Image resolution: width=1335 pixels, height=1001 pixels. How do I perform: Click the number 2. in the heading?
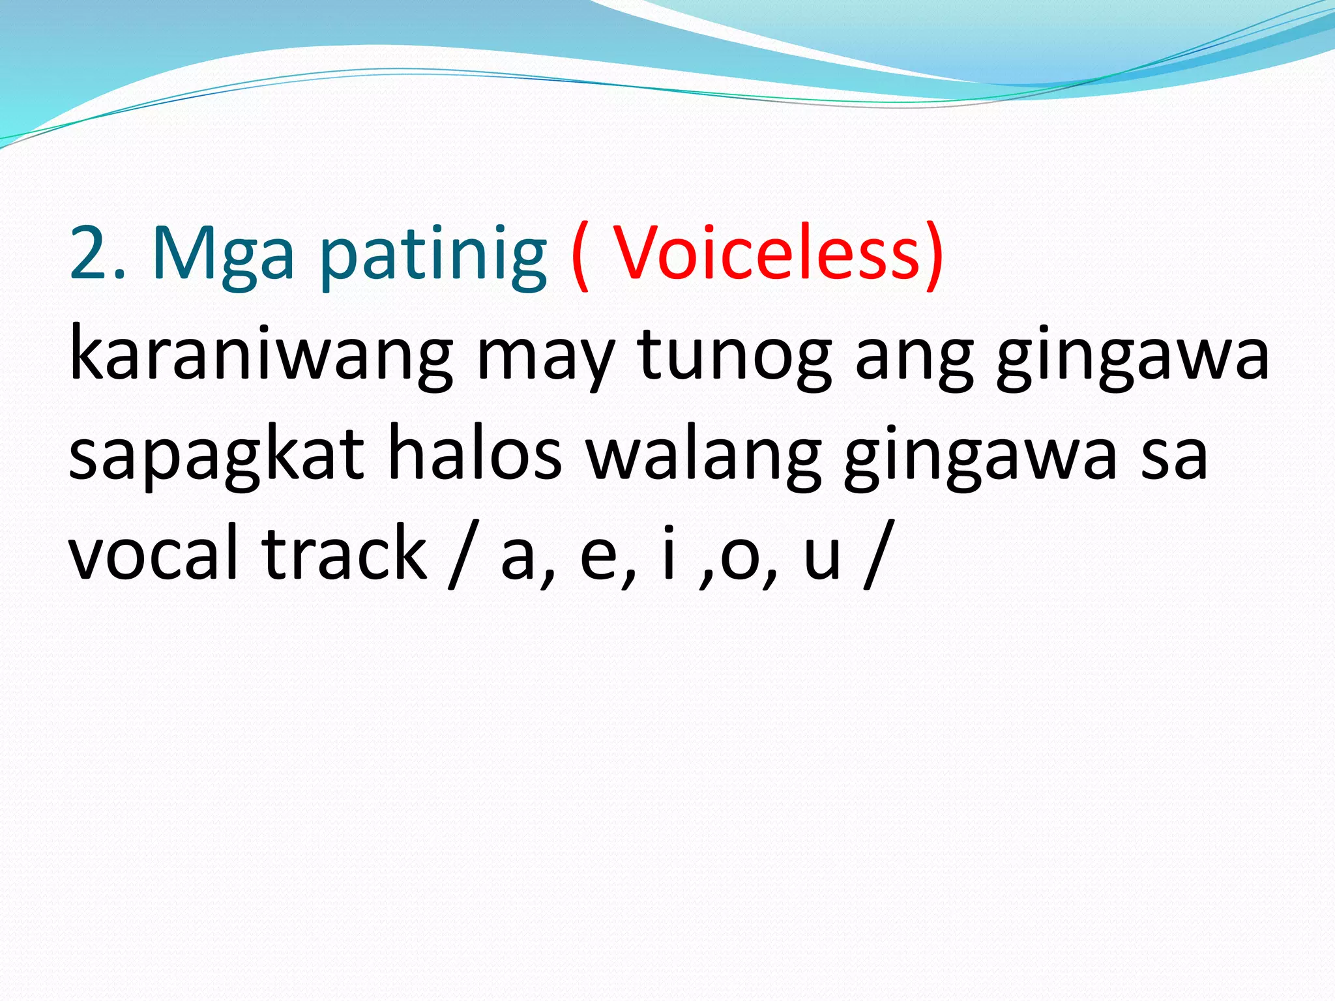(97, 253)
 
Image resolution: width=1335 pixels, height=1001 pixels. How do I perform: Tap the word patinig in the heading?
(433, 255)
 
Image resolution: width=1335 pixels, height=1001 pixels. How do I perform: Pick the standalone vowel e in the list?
(598, 559)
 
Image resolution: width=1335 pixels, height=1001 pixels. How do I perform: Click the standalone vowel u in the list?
(822, 559)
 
